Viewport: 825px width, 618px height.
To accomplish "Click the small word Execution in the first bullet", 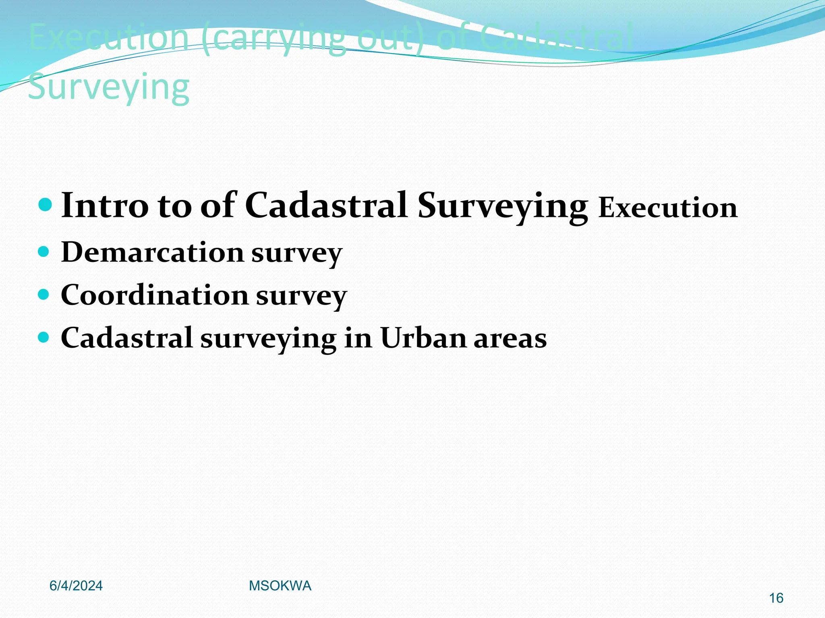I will pyautogui.click(x=667, y=208).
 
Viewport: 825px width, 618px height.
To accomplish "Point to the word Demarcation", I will pyautogui.click(x=153, y=252).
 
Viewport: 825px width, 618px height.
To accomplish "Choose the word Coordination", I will pyautogui.click(x=155, y=295).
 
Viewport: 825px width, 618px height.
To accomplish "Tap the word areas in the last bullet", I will pyautogui.click(x=510, y=338).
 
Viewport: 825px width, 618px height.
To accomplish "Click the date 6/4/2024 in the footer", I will pyautogui.click(x=76, y=586).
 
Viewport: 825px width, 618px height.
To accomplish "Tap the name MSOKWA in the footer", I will pyautogui.click(x=280, y=586).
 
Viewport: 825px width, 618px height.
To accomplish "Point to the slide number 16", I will pyautogui.click(x=776, y=598).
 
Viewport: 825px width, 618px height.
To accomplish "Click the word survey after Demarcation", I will pyautogui.click(x=297, y=254).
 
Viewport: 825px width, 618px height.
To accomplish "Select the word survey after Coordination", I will pyautogui.click(x=301, y=297).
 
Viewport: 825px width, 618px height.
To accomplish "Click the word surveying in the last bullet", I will pyautogui.click(x=268, y=339).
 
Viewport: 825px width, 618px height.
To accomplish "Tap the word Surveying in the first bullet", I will pyautogui.click(x=502, y=206).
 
